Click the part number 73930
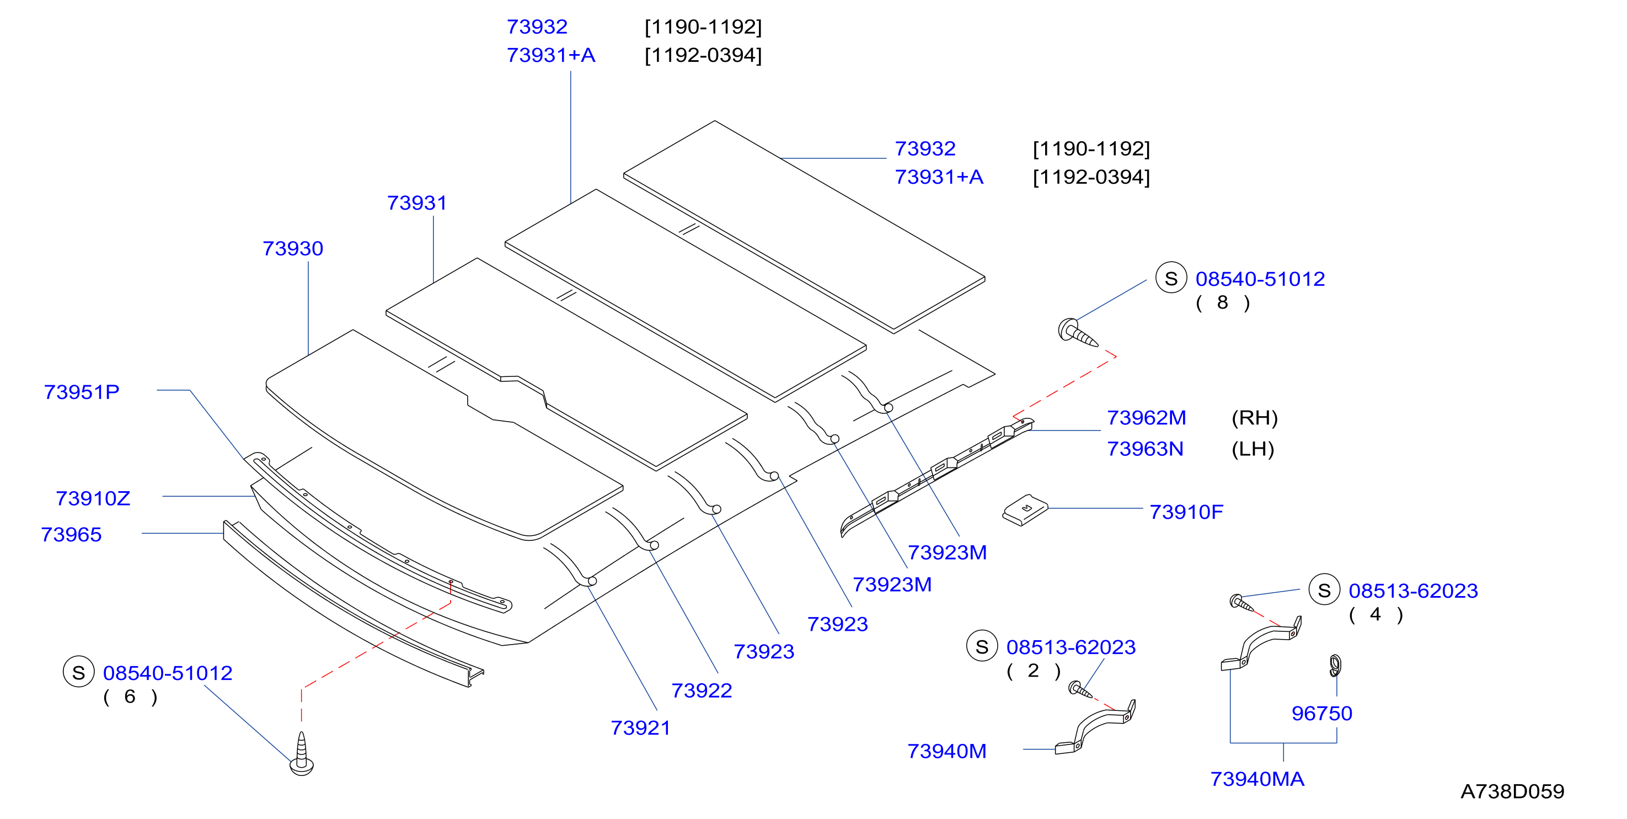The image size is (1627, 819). coord(293,248)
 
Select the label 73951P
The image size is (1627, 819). coord(82,392)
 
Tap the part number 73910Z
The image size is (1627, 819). coord(93,498)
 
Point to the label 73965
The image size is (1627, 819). coord(71,535)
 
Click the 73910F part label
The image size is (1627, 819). coord(1186,512)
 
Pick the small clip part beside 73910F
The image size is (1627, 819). coord(1024,509)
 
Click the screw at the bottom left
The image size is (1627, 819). coord(301,754)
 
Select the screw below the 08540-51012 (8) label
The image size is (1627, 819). coord(1078,333)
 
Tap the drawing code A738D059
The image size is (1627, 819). coord(1512,791)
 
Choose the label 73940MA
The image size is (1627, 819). coord(1257,779)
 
